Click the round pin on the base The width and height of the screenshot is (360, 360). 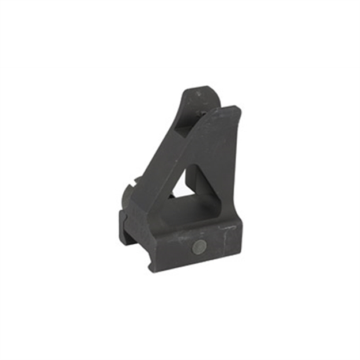click(199, 248)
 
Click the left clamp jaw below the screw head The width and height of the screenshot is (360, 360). click(128, 228)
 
